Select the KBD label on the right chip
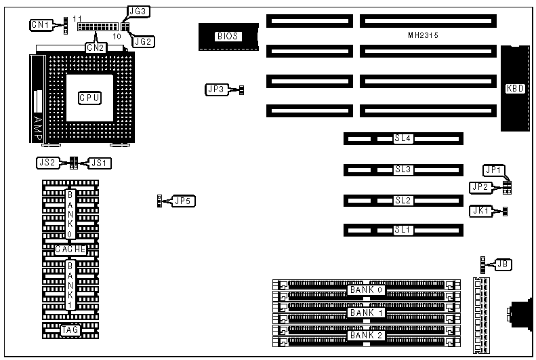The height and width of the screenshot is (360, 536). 515,87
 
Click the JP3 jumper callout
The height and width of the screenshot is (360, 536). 215,89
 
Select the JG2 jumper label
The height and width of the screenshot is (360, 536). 144,41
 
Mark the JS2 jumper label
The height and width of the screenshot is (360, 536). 47,163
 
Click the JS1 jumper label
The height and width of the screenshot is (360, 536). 100,163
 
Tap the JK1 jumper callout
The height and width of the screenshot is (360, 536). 480,211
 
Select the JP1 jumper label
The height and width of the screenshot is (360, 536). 493,169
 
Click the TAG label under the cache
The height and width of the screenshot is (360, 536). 70,330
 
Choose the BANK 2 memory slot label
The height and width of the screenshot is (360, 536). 367,336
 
